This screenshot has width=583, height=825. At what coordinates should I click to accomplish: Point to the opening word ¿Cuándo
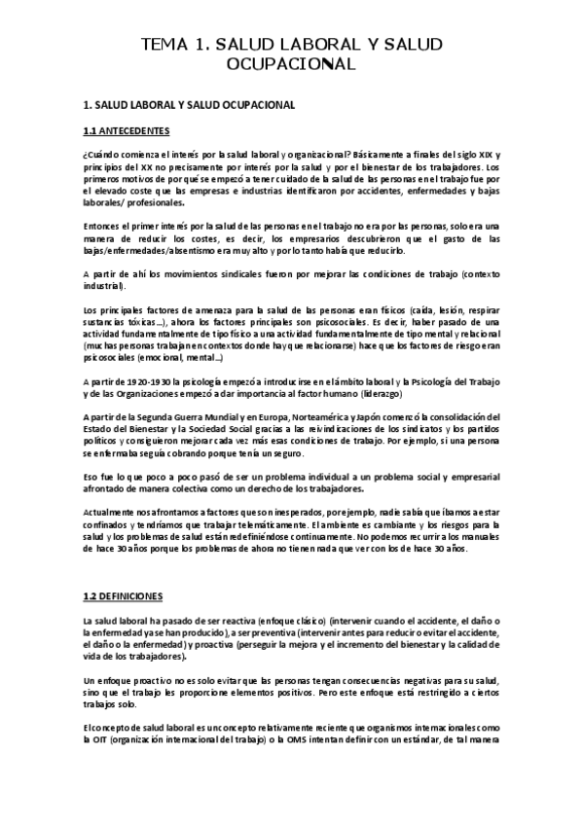[100, 154]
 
